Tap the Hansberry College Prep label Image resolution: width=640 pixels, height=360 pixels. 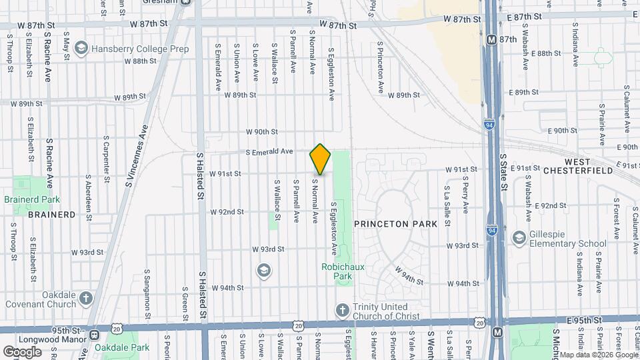coord(141,49)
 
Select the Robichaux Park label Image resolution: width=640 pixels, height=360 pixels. coord(337,271)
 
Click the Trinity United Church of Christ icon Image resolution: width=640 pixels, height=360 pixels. coord(341,311)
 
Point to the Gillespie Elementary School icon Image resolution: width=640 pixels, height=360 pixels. coord(519,238)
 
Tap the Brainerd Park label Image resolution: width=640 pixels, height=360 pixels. coord(32,199)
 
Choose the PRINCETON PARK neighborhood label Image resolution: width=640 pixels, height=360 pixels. coord(395,224)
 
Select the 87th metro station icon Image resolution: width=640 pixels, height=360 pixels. coord(492,40)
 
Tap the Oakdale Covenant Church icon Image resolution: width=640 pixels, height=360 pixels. coord(85,299)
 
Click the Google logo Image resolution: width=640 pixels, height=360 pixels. coord(22,351)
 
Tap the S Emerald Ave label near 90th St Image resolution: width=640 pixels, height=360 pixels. coord(269,152)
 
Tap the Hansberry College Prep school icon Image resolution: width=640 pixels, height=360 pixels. coord(81,48)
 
